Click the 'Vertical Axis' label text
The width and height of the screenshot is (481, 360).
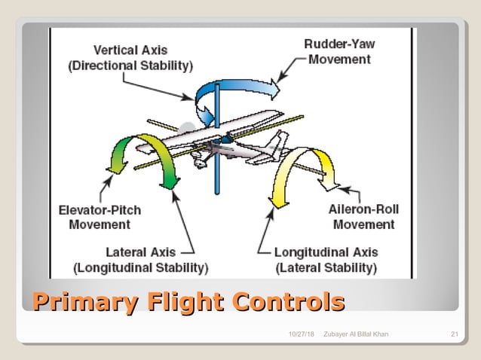[130, 50]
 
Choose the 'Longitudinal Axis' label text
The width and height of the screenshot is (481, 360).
[326, 252]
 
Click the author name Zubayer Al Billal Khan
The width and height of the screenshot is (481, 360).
[356, 334]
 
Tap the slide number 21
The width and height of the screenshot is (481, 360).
[454, 334]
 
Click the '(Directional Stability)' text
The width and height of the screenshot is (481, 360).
[130, 66]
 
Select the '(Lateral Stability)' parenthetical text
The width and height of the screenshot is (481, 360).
[326, 267]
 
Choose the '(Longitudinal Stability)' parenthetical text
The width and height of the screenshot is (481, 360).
[140, 267]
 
